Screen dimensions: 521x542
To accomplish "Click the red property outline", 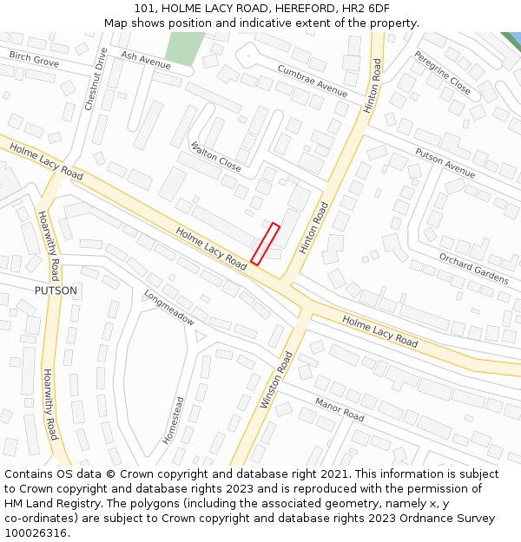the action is coord(265,244).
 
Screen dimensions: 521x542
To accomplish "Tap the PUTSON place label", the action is coord(56,291).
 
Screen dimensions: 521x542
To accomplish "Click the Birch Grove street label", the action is coord(34,59).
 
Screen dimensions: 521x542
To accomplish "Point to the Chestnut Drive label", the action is coord(96,79).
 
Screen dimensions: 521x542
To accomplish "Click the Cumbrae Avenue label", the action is coord(312,81).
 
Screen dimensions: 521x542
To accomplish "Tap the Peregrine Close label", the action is coord(442,73).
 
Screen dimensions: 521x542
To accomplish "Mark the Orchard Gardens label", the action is coord(473,268).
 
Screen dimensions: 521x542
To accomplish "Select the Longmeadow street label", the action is coord(169,307).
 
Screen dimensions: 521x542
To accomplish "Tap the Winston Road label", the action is coord(276,380).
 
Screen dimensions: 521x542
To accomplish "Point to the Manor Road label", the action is coord(340,409).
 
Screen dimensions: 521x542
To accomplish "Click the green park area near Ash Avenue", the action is coord(184,48).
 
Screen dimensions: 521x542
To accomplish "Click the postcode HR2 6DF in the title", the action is coord(364,8).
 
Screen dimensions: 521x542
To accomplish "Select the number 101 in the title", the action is coord(143,8).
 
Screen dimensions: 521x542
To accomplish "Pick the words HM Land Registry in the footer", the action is coord(51,504).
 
